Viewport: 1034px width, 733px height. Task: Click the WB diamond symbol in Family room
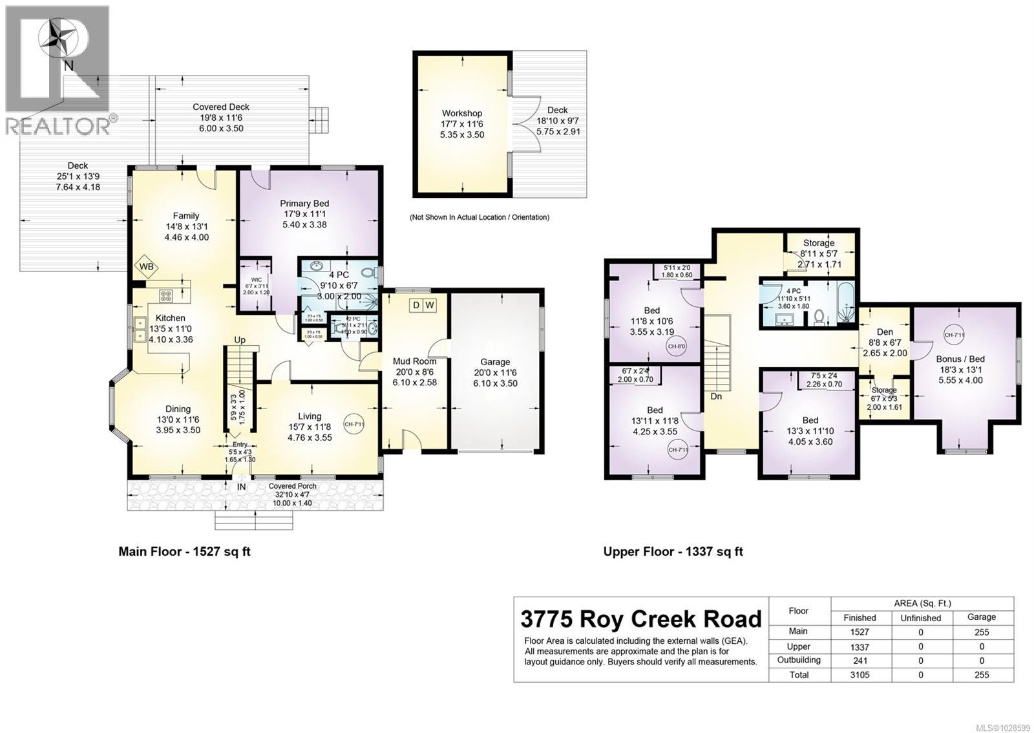[146, 266]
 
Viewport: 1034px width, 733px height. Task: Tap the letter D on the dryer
[417, 304]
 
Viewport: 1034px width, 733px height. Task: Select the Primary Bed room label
[304, 204]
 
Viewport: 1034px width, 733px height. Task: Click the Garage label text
[494, 362]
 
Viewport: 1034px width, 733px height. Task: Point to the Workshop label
[462, 113]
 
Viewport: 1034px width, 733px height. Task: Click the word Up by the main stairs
[240, 339]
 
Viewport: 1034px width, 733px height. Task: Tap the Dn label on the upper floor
[716, 396]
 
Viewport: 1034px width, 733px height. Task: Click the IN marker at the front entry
[241, 487]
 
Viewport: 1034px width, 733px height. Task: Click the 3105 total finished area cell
[860, 675]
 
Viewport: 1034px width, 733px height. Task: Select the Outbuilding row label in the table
[799, 660]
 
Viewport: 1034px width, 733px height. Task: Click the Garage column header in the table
[981, 617]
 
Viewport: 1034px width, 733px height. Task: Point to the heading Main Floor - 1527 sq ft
[184, 551]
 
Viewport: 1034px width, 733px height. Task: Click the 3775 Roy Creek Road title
[641, 619]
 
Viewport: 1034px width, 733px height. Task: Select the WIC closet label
[248, 280]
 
